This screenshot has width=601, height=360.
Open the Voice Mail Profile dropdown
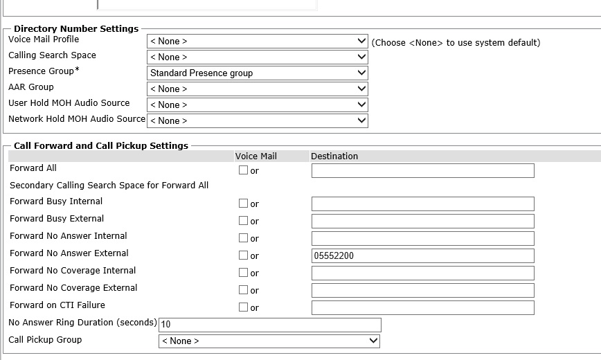tap(257, 42)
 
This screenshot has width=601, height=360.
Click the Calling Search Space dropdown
tap(257, 57)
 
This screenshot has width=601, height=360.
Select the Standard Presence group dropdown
tap(257, 73)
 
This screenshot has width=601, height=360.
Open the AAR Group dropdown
tap(257, 89)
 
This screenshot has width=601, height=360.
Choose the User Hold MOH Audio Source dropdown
tap(257, 105)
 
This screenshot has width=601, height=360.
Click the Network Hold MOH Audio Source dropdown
tap(257, 121)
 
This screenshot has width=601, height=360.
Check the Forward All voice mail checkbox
tap(243, 170)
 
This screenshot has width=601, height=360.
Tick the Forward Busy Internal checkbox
tap(243, 204)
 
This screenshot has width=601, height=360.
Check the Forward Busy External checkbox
tap(243, 221)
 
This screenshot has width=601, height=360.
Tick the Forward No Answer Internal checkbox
tap(243, 238)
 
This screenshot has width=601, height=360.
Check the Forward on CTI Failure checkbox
tap(243, 307)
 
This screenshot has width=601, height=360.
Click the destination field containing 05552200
tap(422, 256)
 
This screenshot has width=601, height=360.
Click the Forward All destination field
tap(422, 171)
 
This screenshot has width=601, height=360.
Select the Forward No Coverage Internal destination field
tap(422, 273)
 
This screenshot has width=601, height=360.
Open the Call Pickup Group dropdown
tap(269, 341)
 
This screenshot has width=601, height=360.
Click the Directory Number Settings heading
tap(76, 29)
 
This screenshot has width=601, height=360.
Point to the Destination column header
tap(334, 156)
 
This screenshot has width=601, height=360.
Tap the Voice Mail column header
tap(255, 156)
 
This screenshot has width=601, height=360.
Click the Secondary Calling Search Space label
tap(109, 186)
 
